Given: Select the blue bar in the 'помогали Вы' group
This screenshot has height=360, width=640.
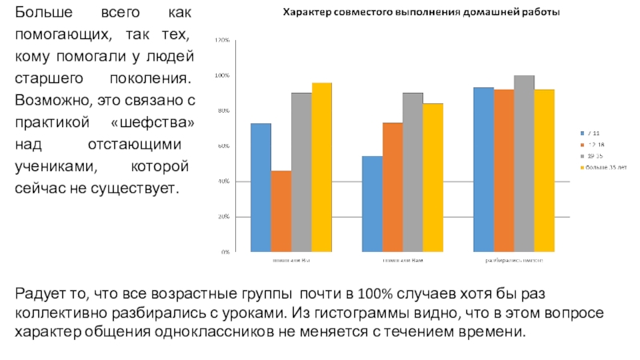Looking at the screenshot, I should [261, 187].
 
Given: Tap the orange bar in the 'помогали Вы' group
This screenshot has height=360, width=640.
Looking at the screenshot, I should [281, 211].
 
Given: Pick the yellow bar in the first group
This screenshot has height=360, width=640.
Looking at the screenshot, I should [322, 167].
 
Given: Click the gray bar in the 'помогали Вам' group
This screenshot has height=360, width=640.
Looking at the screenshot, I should [412, 172].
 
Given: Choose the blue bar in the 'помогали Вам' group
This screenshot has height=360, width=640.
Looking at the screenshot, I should [372, 204].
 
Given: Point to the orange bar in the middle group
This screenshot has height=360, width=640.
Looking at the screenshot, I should [392, 187].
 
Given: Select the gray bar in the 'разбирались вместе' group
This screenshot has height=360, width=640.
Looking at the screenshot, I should [524, 163].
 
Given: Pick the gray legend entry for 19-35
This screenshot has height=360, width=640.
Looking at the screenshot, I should [595, 155].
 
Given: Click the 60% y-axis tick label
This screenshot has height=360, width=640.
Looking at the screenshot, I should [223, 146].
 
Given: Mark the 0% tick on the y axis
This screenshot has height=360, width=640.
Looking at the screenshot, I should [225, 252].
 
